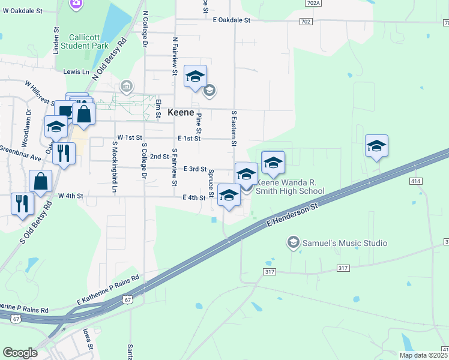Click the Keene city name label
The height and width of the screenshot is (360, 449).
point(181,113)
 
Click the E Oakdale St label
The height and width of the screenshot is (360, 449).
point(231,20)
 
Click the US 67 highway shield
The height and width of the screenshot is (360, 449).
point(127,299)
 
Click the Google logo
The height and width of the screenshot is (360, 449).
point(20,353)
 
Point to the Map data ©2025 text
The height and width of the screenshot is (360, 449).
point(423,355)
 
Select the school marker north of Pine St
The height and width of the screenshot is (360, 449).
point(196,76)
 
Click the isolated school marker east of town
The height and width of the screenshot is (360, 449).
point(376,146)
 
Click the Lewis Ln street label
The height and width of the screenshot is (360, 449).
point(76,71)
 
